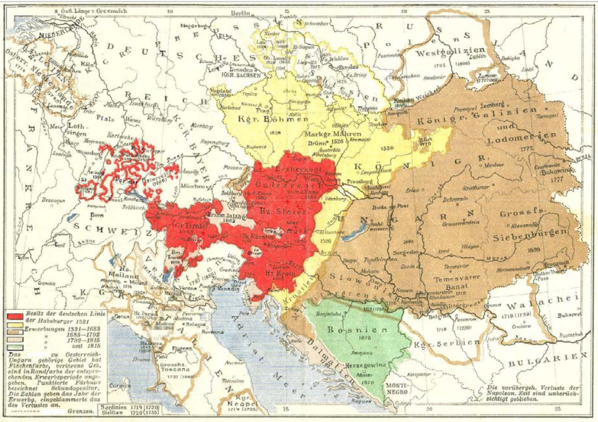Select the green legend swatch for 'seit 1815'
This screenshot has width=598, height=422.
pos(13,346)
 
